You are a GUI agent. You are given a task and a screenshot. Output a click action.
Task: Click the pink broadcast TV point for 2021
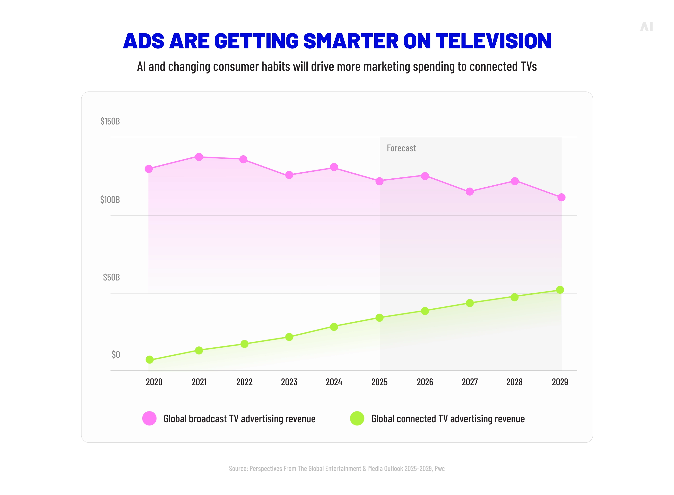coord(199,157)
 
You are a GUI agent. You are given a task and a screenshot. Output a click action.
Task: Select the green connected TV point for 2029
coord(560,290)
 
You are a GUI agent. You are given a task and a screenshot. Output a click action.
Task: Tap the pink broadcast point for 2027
coord(470,191)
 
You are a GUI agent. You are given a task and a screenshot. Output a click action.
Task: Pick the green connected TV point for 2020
coord(149,359)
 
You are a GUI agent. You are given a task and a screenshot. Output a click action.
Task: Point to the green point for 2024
coord(334,327)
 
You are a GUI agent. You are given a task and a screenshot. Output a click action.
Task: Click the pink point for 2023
coord(289,175)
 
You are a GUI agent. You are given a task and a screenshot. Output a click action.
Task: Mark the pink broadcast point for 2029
coord(561,197)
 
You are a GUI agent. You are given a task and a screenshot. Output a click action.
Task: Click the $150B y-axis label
coord(110,121)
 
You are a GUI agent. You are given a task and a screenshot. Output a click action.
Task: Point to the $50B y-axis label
coord(111,277)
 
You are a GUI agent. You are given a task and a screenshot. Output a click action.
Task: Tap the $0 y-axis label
coord(116,354)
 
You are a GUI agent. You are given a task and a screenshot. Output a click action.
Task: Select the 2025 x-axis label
coord(379,382)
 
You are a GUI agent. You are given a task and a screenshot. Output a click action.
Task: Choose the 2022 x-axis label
coord(244,382)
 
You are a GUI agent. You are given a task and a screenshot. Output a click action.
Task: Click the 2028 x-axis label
coord(514,382)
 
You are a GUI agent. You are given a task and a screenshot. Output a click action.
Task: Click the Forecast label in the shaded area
coord(401,148)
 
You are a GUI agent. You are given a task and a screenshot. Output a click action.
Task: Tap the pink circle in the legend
coord(149,418)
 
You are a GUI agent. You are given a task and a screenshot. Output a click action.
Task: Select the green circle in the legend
coord(357,418)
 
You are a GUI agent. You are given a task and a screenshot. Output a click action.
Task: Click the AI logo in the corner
coord(647,27)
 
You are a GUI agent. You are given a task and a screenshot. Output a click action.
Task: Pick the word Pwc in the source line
coord(440,468)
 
